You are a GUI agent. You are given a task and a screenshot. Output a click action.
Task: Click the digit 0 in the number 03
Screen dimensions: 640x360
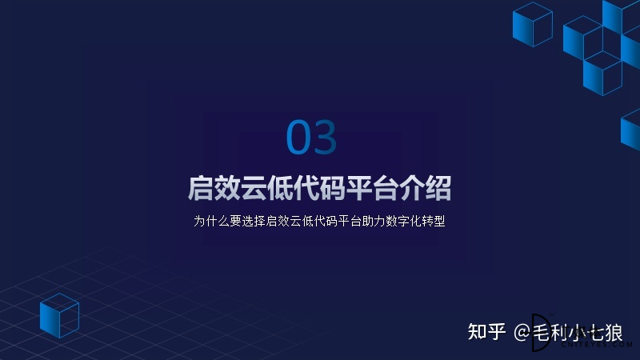tap(298, 137)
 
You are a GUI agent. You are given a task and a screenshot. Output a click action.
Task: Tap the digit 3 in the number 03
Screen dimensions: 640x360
tap(325, 137)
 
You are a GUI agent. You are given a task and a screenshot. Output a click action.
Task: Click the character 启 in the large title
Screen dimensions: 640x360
tap(201, 188)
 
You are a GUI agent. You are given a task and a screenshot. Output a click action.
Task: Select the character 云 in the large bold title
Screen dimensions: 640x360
tap(254, 188)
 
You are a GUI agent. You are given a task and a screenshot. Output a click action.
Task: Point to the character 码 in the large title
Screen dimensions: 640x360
tap(333, 188)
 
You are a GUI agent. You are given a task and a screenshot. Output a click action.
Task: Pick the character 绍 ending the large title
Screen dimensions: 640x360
tap(438, 188)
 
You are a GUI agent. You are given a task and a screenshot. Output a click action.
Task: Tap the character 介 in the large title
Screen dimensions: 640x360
tap(412, 188)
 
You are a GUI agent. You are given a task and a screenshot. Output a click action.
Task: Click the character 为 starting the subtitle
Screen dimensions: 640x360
tap(199, 222)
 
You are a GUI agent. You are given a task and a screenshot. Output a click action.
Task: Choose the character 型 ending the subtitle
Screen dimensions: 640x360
tap(439, 222)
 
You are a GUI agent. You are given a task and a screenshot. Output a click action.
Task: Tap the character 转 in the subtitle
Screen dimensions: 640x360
tap(427, 222)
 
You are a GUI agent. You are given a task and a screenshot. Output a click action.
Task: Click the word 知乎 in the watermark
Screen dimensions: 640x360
tap(487, 332)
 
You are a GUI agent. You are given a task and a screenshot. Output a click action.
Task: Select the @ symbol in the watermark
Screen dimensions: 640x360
tap(522, 333)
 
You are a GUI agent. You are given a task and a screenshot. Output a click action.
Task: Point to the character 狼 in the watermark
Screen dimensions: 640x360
tap(613, 333)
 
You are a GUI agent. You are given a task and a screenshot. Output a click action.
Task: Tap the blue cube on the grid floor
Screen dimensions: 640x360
tap(59, 315)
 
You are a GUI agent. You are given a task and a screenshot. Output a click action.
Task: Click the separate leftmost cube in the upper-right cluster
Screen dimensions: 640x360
tap(533, 25)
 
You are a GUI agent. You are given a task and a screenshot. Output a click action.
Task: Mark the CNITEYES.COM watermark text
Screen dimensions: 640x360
tap(596, 345)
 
